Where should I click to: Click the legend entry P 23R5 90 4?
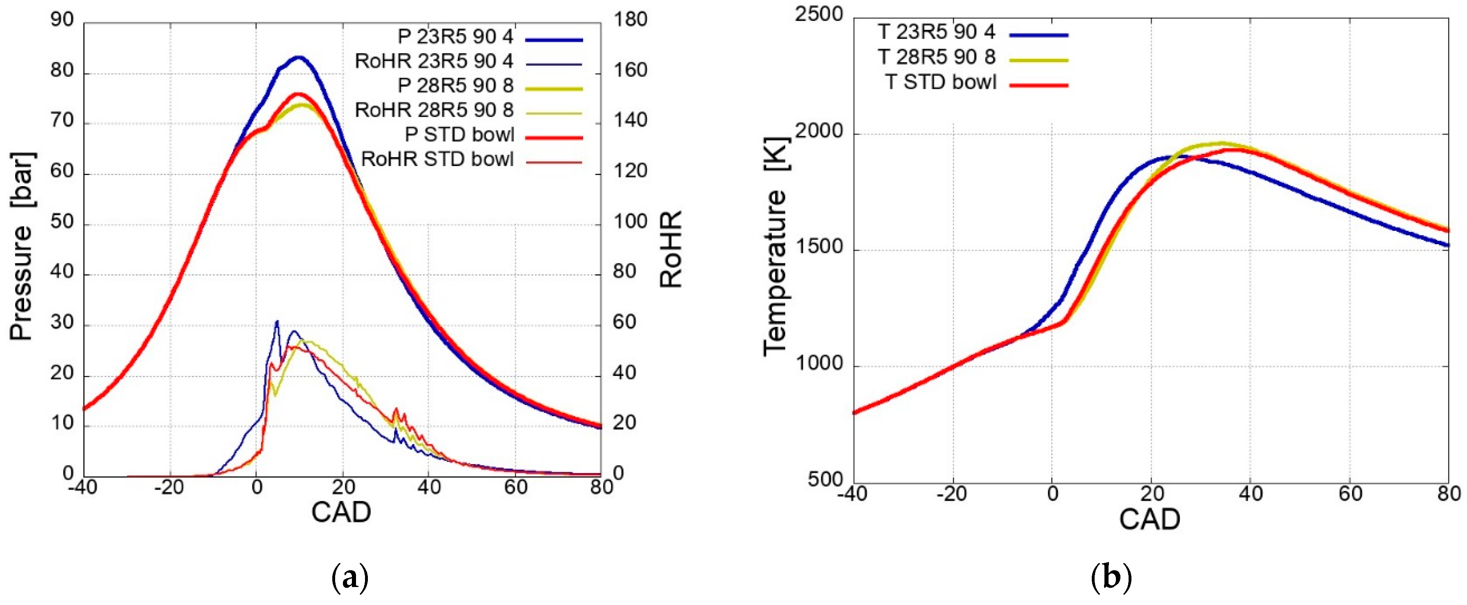click(455, 37)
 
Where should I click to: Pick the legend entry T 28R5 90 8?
click(937, 57)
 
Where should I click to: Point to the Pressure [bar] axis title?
click(22, 246)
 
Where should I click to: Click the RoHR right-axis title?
click(671, 249)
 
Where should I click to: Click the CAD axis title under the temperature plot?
click(1149, 519)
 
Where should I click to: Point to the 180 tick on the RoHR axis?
click(631, 20)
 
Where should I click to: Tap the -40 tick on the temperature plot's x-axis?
click(852, 493)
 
